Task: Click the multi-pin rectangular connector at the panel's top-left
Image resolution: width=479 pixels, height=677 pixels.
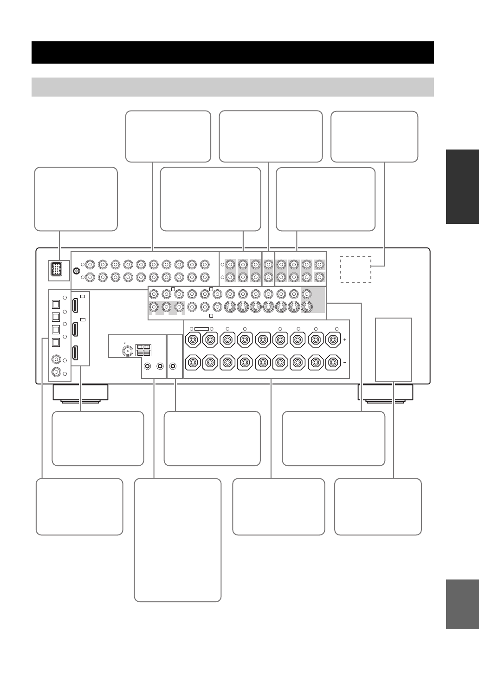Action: pyautogui.click(x=55, y=270)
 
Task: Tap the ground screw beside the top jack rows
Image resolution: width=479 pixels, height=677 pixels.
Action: pyautogui.click(x=76, y=272)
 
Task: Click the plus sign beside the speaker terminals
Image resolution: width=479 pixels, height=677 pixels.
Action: pyautogui.click(x=344, y=340)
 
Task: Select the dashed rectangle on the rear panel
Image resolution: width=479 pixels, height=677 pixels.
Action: pyautogui.click(x=356, y=269)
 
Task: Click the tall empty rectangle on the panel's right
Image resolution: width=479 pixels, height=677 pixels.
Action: pyautogui.click(x=393, y=349)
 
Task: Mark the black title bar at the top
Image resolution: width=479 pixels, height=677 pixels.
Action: pyautogui.click(x=233, y=52)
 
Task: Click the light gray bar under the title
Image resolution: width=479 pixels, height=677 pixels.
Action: pyautogui.click(x=233, y=87)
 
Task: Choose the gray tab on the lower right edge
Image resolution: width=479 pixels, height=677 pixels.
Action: pyautogui.click(x=462, y=604)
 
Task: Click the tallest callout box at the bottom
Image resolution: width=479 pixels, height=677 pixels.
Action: pyautogui.click(x=177, y=540)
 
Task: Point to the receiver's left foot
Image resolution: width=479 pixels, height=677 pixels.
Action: pyautogui.click(x=81, y=393)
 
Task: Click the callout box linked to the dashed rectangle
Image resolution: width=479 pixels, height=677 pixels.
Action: pyautogui.click(x=374, y=137)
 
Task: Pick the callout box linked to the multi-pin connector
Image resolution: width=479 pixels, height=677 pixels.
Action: pyautogui.click(x=76, y=199)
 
